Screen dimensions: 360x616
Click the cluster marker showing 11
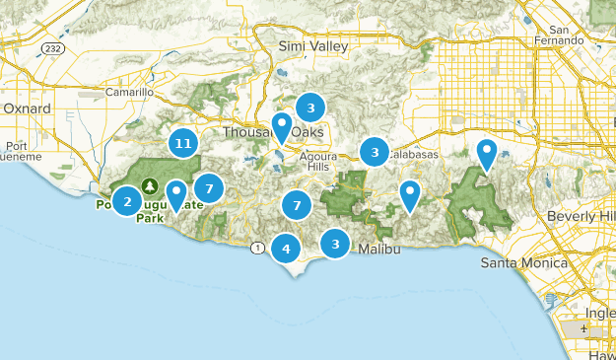pyautogui.click(x=181, y=143)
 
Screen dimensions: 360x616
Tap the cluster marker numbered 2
pyautogui.click(x=126, y=201)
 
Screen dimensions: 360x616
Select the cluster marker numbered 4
pyautogui.click(x=286, y=249)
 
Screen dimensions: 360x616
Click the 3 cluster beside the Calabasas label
pyautogui.click(x=374, y=152)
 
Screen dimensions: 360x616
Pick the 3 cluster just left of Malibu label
pyautogui.click(x=336, y=243)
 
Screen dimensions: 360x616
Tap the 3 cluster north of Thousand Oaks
pyautogui.click(x=310, y=108)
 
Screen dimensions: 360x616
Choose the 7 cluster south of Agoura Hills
pyautogui.click(x=296, y=205)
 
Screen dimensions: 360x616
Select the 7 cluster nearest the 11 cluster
pyautogui.click(x=209, y=187)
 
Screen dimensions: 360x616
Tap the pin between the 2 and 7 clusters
pyautogui.click(x=175, y=194)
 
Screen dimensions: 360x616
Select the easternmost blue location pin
pyautogui.click(x=486, y=154)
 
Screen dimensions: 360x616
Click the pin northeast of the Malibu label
pyautogui.click(x=410, y=195)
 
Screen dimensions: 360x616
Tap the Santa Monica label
pyautogui.click(x=524, y=263)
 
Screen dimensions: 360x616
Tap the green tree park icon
pyautogui.click(x=151, y=185)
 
